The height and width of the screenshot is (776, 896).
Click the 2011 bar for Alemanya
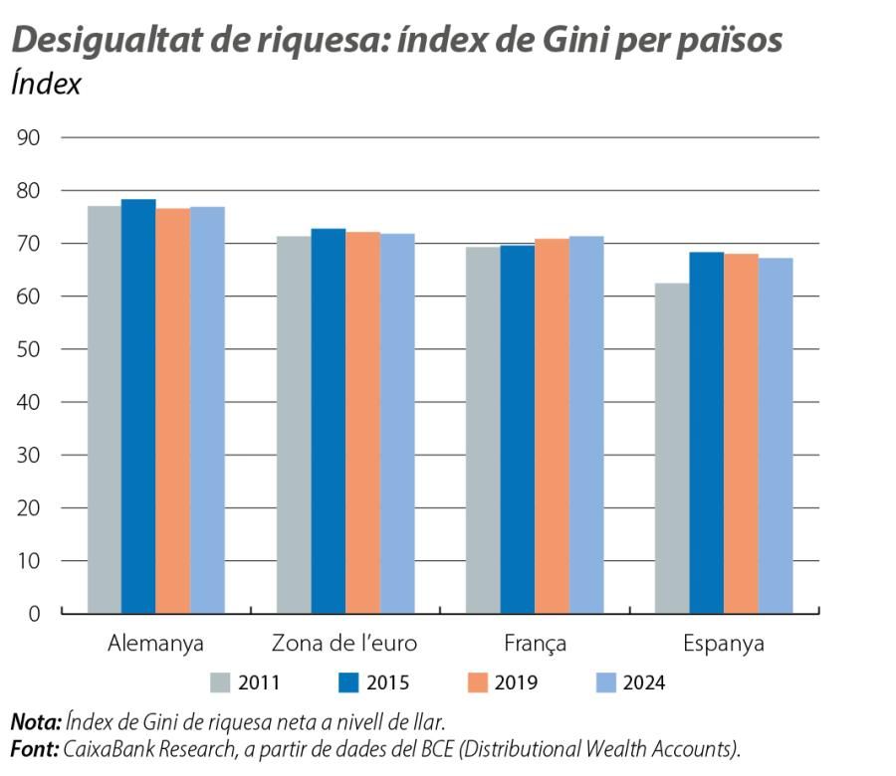tap(105, 409)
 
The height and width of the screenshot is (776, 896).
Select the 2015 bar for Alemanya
tap(138, 406)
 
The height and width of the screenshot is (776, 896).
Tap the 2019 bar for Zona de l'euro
tap(362, 422)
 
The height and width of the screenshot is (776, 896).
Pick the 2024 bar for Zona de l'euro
tap(397, 423)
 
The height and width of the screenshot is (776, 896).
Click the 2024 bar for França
tap(586, 425)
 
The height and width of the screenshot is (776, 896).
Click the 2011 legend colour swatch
tap(221, 682)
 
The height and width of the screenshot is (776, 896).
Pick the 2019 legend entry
tap(503, 682)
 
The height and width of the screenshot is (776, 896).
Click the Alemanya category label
tap(155, 644)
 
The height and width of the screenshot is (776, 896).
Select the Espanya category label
tap(724, 644)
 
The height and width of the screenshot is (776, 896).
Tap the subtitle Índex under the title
tap(46, 84)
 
